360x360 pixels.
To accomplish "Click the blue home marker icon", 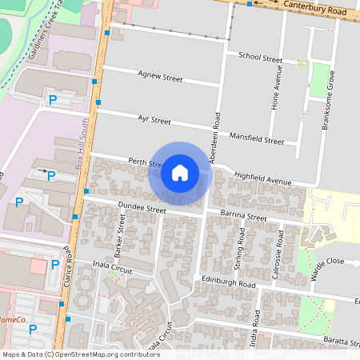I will tap(179, 173).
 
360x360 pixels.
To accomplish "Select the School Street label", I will tap(260, 58).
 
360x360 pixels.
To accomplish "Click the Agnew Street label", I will tap(160, 78).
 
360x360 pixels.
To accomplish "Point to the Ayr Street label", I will tap(154, 120).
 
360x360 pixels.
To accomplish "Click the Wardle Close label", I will tap(327, 262).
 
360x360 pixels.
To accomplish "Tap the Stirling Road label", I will tap(241, 247).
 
